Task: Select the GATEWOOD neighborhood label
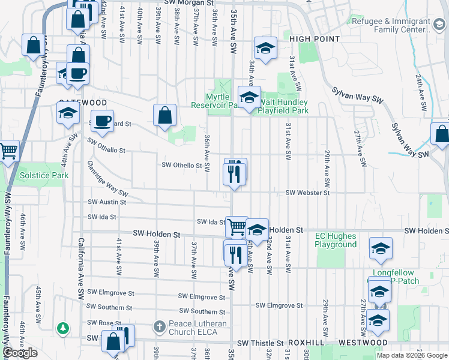pyautogui.click(x=83, y=103)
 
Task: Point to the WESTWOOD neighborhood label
pyautogui.click(x=363, y=343)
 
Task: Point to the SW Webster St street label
pyautogui.click(x=307, y=193)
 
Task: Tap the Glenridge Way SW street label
pyautogui.click(x=107, y=179)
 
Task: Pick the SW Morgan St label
pyautogui.click(x=192, y=3)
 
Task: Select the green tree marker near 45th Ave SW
pyautogui.click(x=62, y=328)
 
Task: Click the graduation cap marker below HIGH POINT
pyautogui.click(x=265, y=47)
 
